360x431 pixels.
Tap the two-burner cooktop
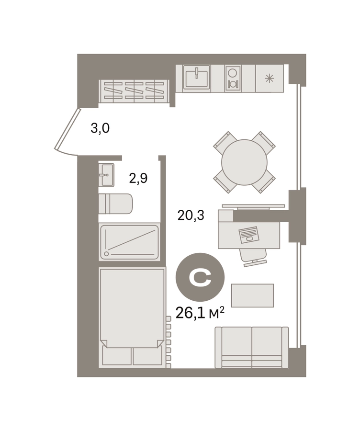[233, 79]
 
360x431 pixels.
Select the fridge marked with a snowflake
[270, 79]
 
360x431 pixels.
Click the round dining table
[244, 162]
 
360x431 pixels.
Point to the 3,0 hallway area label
[100, 128]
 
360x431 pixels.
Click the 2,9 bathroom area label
[138, 178]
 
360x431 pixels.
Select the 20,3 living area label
[191, 215]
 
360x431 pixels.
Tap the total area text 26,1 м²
[200, 313]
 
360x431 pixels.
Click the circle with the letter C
[200, 277]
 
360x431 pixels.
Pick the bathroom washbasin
[106, 175]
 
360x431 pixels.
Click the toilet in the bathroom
[115, 204]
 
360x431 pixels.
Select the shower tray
[129, 242]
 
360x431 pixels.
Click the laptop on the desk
[249, 235]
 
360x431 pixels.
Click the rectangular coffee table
[252, 295]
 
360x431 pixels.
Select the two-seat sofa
[252, 347]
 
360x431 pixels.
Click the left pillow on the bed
[116, 356]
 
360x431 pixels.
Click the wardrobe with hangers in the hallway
[134, 91]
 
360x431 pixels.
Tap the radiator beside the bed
[168, 342]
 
